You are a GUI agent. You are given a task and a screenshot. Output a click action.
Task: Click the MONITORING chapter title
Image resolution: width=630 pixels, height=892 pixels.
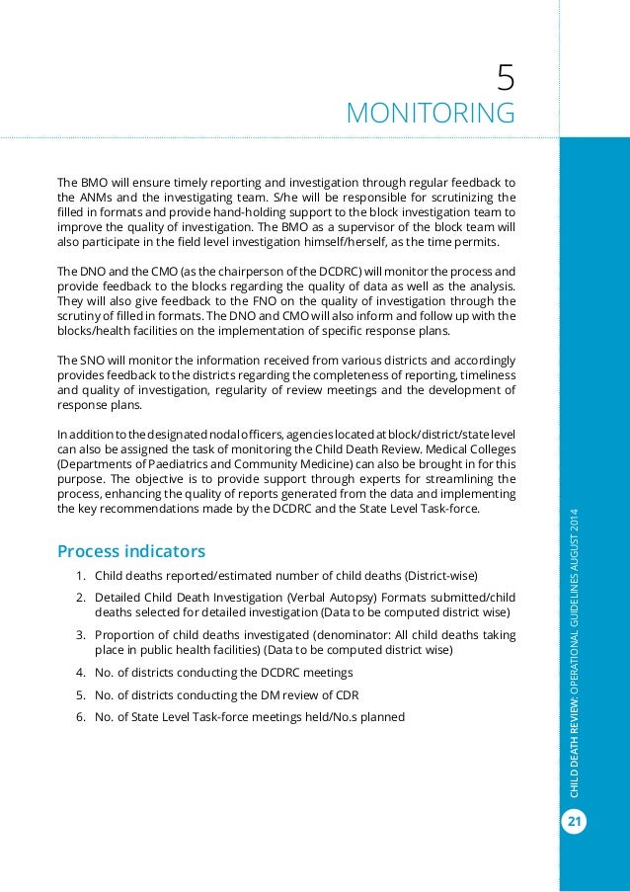430,113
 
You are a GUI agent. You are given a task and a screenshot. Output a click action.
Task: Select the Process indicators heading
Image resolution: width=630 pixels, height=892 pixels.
131,549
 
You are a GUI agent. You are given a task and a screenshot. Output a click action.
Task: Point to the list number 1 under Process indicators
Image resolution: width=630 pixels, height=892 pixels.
79,576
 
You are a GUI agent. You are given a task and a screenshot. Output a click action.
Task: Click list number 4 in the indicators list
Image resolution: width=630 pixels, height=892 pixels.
79,674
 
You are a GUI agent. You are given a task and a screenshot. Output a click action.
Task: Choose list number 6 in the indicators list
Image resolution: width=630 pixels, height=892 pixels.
79,717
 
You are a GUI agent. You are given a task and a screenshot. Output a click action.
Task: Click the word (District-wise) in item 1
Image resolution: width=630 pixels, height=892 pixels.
439,576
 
